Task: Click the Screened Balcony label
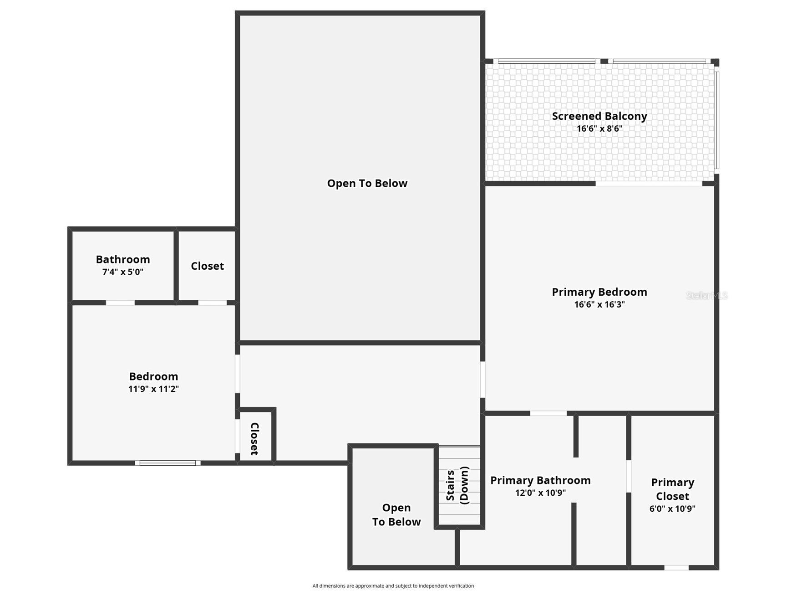point(599,116)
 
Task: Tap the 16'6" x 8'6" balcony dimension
point(599,128)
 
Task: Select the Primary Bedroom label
point(599,292)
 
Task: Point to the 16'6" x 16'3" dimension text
point(599,304)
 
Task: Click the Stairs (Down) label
point(457,485)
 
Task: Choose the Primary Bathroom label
point(540,480)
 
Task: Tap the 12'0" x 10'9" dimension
point(540,493)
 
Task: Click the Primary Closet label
point(672,489)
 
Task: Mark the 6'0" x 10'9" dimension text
point(672,509)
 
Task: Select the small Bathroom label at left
point(123,259)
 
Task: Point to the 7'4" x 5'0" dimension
point(123,272)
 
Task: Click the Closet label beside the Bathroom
point(207,266)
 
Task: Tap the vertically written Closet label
point(254,439)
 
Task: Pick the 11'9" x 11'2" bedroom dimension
point(153,389)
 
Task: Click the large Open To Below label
point(367,183)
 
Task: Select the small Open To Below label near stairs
point(396,515)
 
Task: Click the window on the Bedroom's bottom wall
point(168,463)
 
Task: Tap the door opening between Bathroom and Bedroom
point(120,303)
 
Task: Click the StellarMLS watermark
point(706,295)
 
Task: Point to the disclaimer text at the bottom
point(393,586)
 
